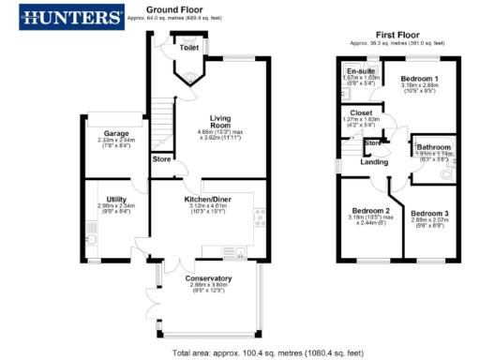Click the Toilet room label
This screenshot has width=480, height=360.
click(189, 45)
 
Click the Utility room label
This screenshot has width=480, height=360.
click(116, 199)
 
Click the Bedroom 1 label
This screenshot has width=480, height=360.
click(419, 77)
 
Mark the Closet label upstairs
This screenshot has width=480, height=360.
click(360, 113)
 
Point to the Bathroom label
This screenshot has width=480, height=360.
click(435, 147)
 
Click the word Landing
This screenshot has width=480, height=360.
click(374, 162)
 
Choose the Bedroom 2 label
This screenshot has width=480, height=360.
click(371, 210)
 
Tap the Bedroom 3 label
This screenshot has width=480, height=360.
click(429, 214)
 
